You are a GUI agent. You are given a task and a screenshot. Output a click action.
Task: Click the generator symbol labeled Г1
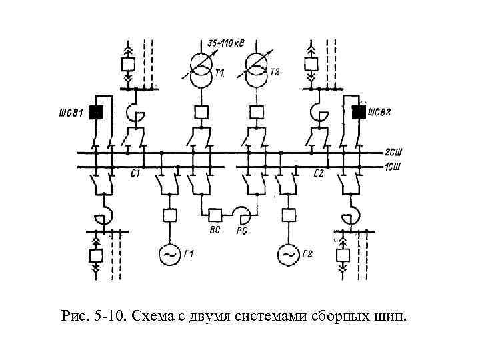pos(168,254)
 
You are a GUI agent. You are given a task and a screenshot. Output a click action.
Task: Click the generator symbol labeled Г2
pos(288,254)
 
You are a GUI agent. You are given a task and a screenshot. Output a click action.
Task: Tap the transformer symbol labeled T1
pos(201,71)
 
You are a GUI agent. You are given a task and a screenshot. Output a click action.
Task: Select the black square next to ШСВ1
pos(97,113)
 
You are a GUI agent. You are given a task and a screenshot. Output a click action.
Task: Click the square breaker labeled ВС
pos(215,215)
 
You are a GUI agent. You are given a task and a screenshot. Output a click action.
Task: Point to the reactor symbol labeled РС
pos(241,215)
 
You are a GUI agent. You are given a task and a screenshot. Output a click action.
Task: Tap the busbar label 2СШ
pos(394,153)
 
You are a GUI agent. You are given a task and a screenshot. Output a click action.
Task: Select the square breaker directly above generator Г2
pos(288,215)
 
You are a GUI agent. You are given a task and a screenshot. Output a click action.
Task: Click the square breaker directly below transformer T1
pos(201,112)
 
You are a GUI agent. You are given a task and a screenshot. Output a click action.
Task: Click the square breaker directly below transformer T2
pos(255,112)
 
